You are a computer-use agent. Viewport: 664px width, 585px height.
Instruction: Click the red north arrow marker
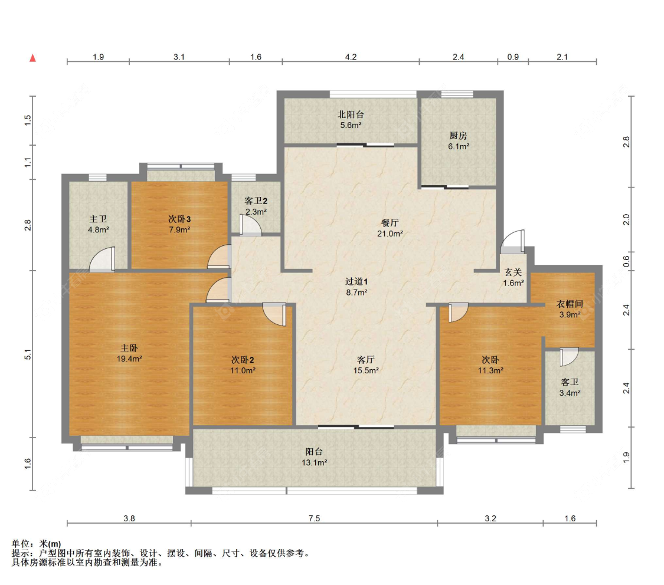pyautogui.click(x=32, y=58)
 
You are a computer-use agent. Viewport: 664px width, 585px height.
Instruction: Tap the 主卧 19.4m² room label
pyautogui.click(x=129, y=353)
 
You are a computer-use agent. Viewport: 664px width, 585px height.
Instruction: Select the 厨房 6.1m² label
pyautogui.click(x=458, y=141)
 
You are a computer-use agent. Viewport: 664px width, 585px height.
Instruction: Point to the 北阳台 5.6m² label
pyautogui.click(x=351, y=120)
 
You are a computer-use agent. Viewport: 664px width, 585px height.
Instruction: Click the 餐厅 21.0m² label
pyautogui.click(x=390, y=228)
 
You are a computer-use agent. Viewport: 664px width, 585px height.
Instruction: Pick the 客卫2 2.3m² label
pyautogui.click(x=256, y=206)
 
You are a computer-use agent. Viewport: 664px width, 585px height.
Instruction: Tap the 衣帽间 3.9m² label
pyautogui.click(x=570, y=309)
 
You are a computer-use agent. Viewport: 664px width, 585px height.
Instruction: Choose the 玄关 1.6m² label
pyautogui.click(x=513, y=278)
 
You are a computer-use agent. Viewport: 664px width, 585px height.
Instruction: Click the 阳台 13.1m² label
pyautogui.click(x=314, y=457)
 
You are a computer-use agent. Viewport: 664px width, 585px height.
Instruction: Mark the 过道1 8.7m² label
pyautogui.click(x=356, y=287)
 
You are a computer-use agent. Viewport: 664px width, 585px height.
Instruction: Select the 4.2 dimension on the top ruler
pyautogui.click(x=351, y=57)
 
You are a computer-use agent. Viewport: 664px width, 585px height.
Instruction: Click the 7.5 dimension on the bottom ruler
pyautogui.click(x=314, y=518)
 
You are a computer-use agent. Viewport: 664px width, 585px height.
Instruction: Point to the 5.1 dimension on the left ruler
pyautogui.click(x=28, y=354)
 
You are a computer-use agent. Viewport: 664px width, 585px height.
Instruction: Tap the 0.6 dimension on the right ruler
pyautogui.click(x=626, y=261)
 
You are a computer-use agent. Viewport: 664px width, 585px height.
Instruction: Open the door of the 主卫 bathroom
pyautogui.click(x=103, y=259)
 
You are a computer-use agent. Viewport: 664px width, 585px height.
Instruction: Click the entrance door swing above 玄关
pyautogui.click(x=512, y=242)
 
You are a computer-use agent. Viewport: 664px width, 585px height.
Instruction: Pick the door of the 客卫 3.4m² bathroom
pyautogui.click(x=570, y=357)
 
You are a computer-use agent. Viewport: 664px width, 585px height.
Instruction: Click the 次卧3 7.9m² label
pyautogui.click(x=179, y=224)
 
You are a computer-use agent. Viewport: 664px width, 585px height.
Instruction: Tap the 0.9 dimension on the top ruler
pyautogui.click(x=513, y=57)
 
